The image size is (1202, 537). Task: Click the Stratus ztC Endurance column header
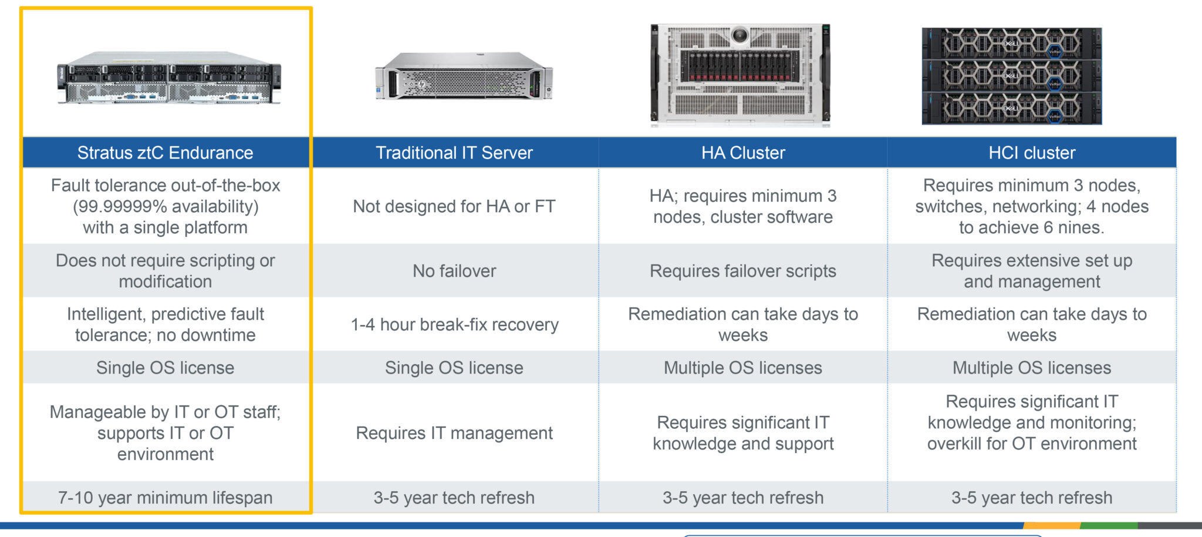166,153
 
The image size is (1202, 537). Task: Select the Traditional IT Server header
454,153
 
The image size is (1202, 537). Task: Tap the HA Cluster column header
743,153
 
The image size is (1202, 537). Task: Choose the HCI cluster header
1032,153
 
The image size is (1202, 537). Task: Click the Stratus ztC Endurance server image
169,78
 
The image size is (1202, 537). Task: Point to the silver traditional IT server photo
464,76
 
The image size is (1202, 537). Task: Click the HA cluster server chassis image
741,75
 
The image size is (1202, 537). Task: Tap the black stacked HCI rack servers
1012,76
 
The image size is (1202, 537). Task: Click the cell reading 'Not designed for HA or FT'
454,206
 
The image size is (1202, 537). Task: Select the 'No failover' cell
454,271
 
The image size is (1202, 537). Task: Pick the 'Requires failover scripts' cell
743,271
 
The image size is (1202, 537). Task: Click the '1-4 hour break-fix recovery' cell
454,324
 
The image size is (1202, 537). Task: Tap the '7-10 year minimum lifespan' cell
166,498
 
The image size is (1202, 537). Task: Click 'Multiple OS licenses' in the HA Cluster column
743,368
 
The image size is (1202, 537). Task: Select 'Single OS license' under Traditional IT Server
454,368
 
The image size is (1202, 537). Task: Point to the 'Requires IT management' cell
454,433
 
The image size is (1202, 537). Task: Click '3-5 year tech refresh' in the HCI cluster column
1032,498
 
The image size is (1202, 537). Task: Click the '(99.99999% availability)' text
166,206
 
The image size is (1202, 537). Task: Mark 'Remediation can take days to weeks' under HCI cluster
1032,324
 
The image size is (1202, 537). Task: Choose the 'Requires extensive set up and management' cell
1032,271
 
